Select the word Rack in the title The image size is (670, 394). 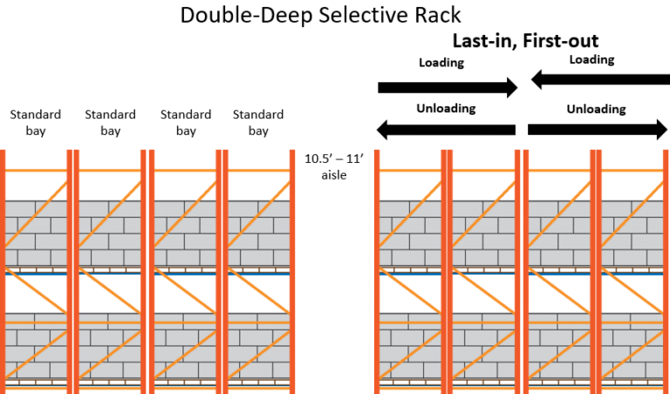coord(437,14)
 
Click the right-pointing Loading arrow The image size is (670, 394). coord(448,86)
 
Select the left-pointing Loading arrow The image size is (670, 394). coord(600,80)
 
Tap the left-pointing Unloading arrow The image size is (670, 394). coord(446,130)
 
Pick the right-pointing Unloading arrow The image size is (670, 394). coord(598,129)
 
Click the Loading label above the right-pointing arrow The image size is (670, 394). coord(441,63)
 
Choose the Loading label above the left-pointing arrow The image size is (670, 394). coord(592,60)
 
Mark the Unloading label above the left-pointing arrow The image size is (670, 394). coord(447,109)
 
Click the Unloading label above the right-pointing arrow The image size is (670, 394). coord(597,109)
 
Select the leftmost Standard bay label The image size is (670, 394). coord(35,122)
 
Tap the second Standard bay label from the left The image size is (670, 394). coord(110,122)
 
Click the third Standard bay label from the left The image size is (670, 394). coord(186,122)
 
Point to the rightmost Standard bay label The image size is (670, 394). coord(258,122)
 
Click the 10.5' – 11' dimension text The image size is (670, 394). coord(333,160)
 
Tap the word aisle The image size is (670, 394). coord(333,175)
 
